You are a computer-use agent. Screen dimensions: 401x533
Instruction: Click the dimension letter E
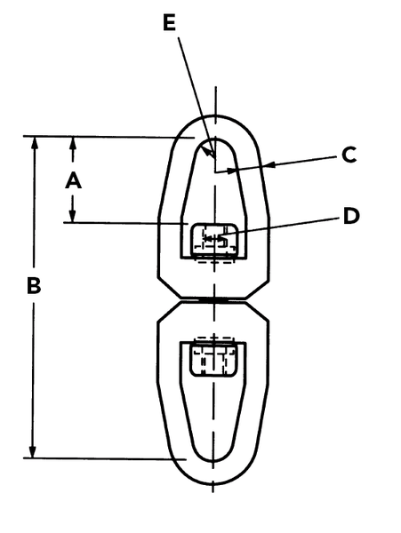(x=169, y=23)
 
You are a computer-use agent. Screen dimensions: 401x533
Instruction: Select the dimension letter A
(x=73, y=180)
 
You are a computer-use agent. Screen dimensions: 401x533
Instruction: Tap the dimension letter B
(x=34, y=285)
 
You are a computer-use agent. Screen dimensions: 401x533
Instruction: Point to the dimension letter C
(x=349, y=155)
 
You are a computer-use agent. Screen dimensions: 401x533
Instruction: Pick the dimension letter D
(x=351, y=216)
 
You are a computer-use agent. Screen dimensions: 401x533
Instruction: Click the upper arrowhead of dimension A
(x=73, y=143)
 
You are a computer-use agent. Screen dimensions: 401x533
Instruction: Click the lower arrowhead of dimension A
(x=72, y=216)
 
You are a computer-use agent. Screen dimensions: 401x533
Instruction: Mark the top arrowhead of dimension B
(x=34, y=143)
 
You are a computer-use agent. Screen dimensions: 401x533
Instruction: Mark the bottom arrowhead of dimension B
(x=32, y=451)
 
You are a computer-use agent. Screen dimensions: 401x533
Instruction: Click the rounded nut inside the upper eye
(x=214, y=241)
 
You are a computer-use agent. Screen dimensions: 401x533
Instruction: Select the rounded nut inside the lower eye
(x=213, y=359)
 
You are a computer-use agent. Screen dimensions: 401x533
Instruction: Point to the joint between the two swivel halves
(x=213, y=300)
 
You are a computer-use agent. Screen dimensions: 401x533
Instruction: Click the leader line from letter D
(x=281, y=227)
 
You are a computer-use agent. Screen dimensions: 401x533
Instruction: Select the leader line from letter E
(x=196, y=99)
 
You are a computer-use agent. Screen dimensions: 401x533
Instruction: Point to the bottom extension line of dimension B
(x=105, y=458)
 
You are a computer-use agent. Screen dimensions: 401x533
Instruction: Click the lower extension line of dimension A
(x=126, y=223)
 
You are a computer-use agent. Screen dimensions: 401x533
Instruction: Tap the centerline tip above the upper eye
(x=216, y=88)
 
